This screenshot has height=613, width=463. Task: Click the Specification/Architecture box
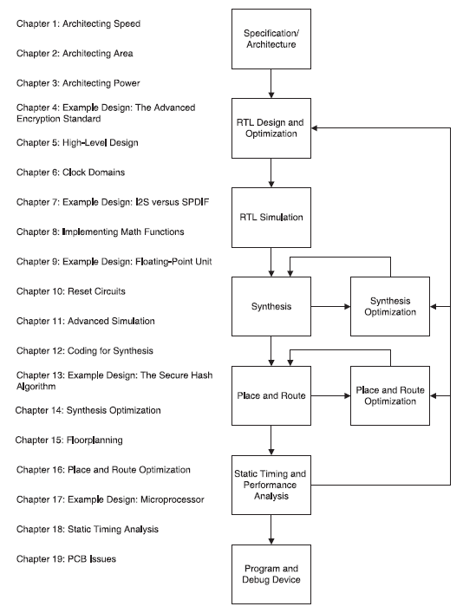tap(271, 39)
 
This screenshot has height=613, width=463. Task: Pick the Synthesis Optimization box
tap(389, 306)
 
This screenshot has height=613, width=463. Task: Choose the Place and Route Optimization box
tap(389, 395)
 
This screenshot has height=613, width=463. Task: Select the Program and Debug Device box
tap(271, 573)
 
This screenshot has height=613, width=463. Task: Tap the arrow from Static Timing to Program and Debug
tap(271, 529)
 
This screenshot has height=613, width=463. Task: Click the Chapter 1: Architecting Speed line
tap(78, 23)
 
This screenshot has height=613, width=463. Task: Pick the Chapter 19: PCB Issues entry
tap(66, 559)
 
